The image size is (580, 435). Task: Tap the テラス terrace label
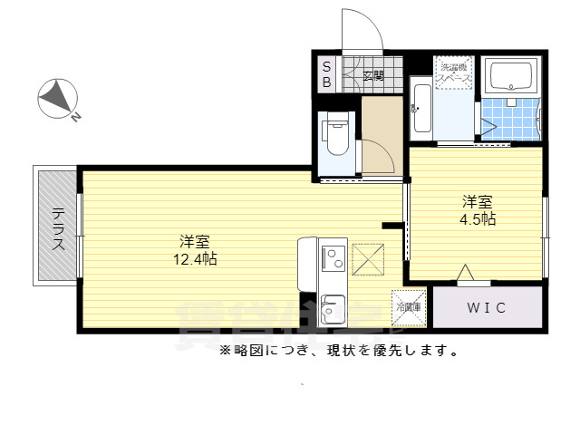point(57,224)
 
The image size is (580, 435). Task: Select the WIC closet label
point(486,308)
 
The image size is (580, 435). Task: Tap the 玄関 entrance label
point(373,75)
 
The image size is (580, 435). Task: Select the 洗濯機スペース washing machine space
point(453,72)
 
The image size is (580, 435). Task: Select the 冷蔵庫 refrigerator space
point(408,307)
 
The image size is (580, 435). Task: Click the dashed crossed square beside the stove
point(368,257)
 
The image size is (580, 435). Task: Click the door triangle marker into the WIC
point(467,274)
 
